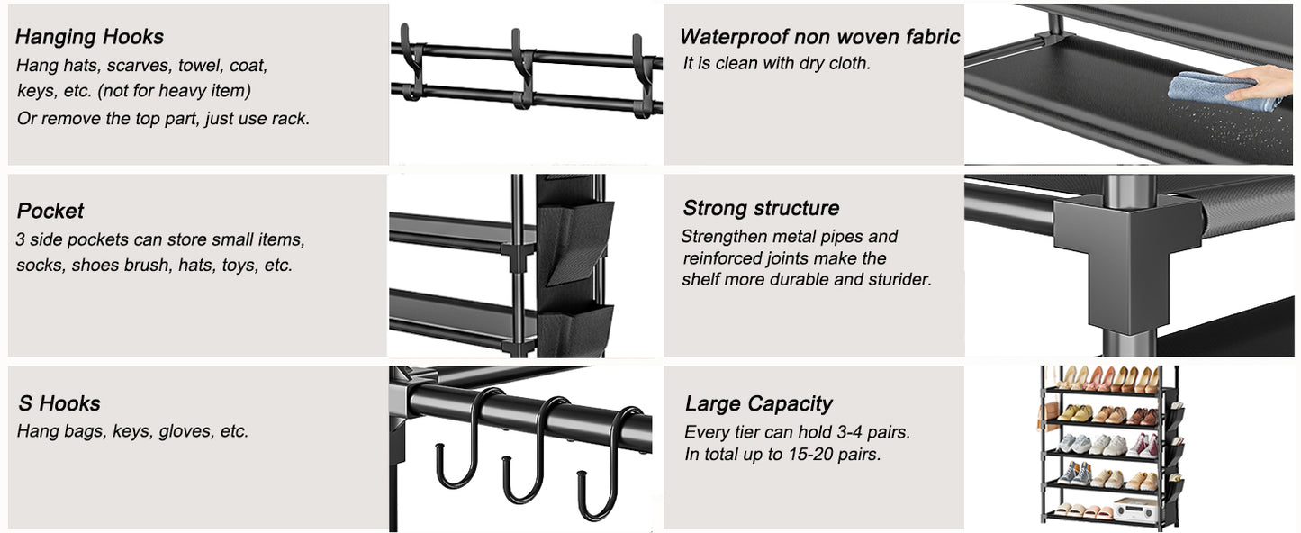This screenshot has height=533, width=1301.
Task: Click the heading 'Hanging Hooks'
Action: click(89, 37)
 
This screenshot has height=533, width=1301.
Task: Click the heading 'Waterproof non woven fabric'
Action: click(819, 37)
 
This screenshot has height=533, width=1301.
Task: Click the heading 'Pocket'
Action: click(50, 211)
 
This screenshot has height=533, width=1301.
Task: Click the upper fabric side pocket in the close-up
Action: click(575, 238)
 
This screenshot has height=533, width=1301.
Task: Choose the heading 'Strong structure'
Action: click(761, 208)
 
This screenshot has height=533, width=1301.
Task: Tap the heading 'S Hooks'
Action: click(59, 403)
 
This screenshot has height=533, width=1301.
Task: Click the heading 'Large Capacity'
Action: click(758, 403)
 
